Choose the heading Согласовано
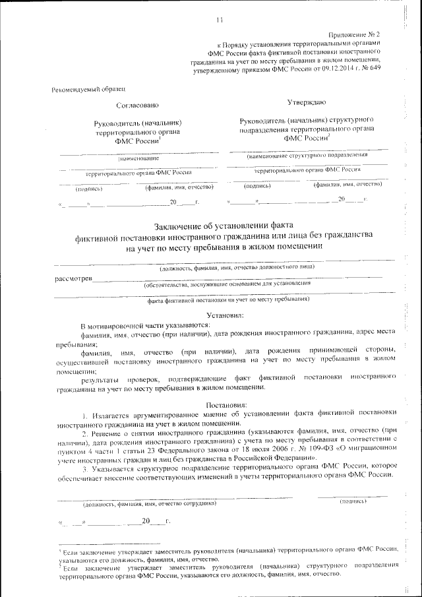pos(138,105)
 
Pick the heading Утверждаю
pos(306,103)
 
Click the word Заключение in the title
pos(183,225)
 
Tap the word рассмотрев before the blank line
pos(73,278)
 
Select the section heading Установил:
pos(226,316)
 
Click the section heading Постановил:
pos(226,403)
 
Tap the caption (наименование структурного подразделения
pos(307,156)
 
